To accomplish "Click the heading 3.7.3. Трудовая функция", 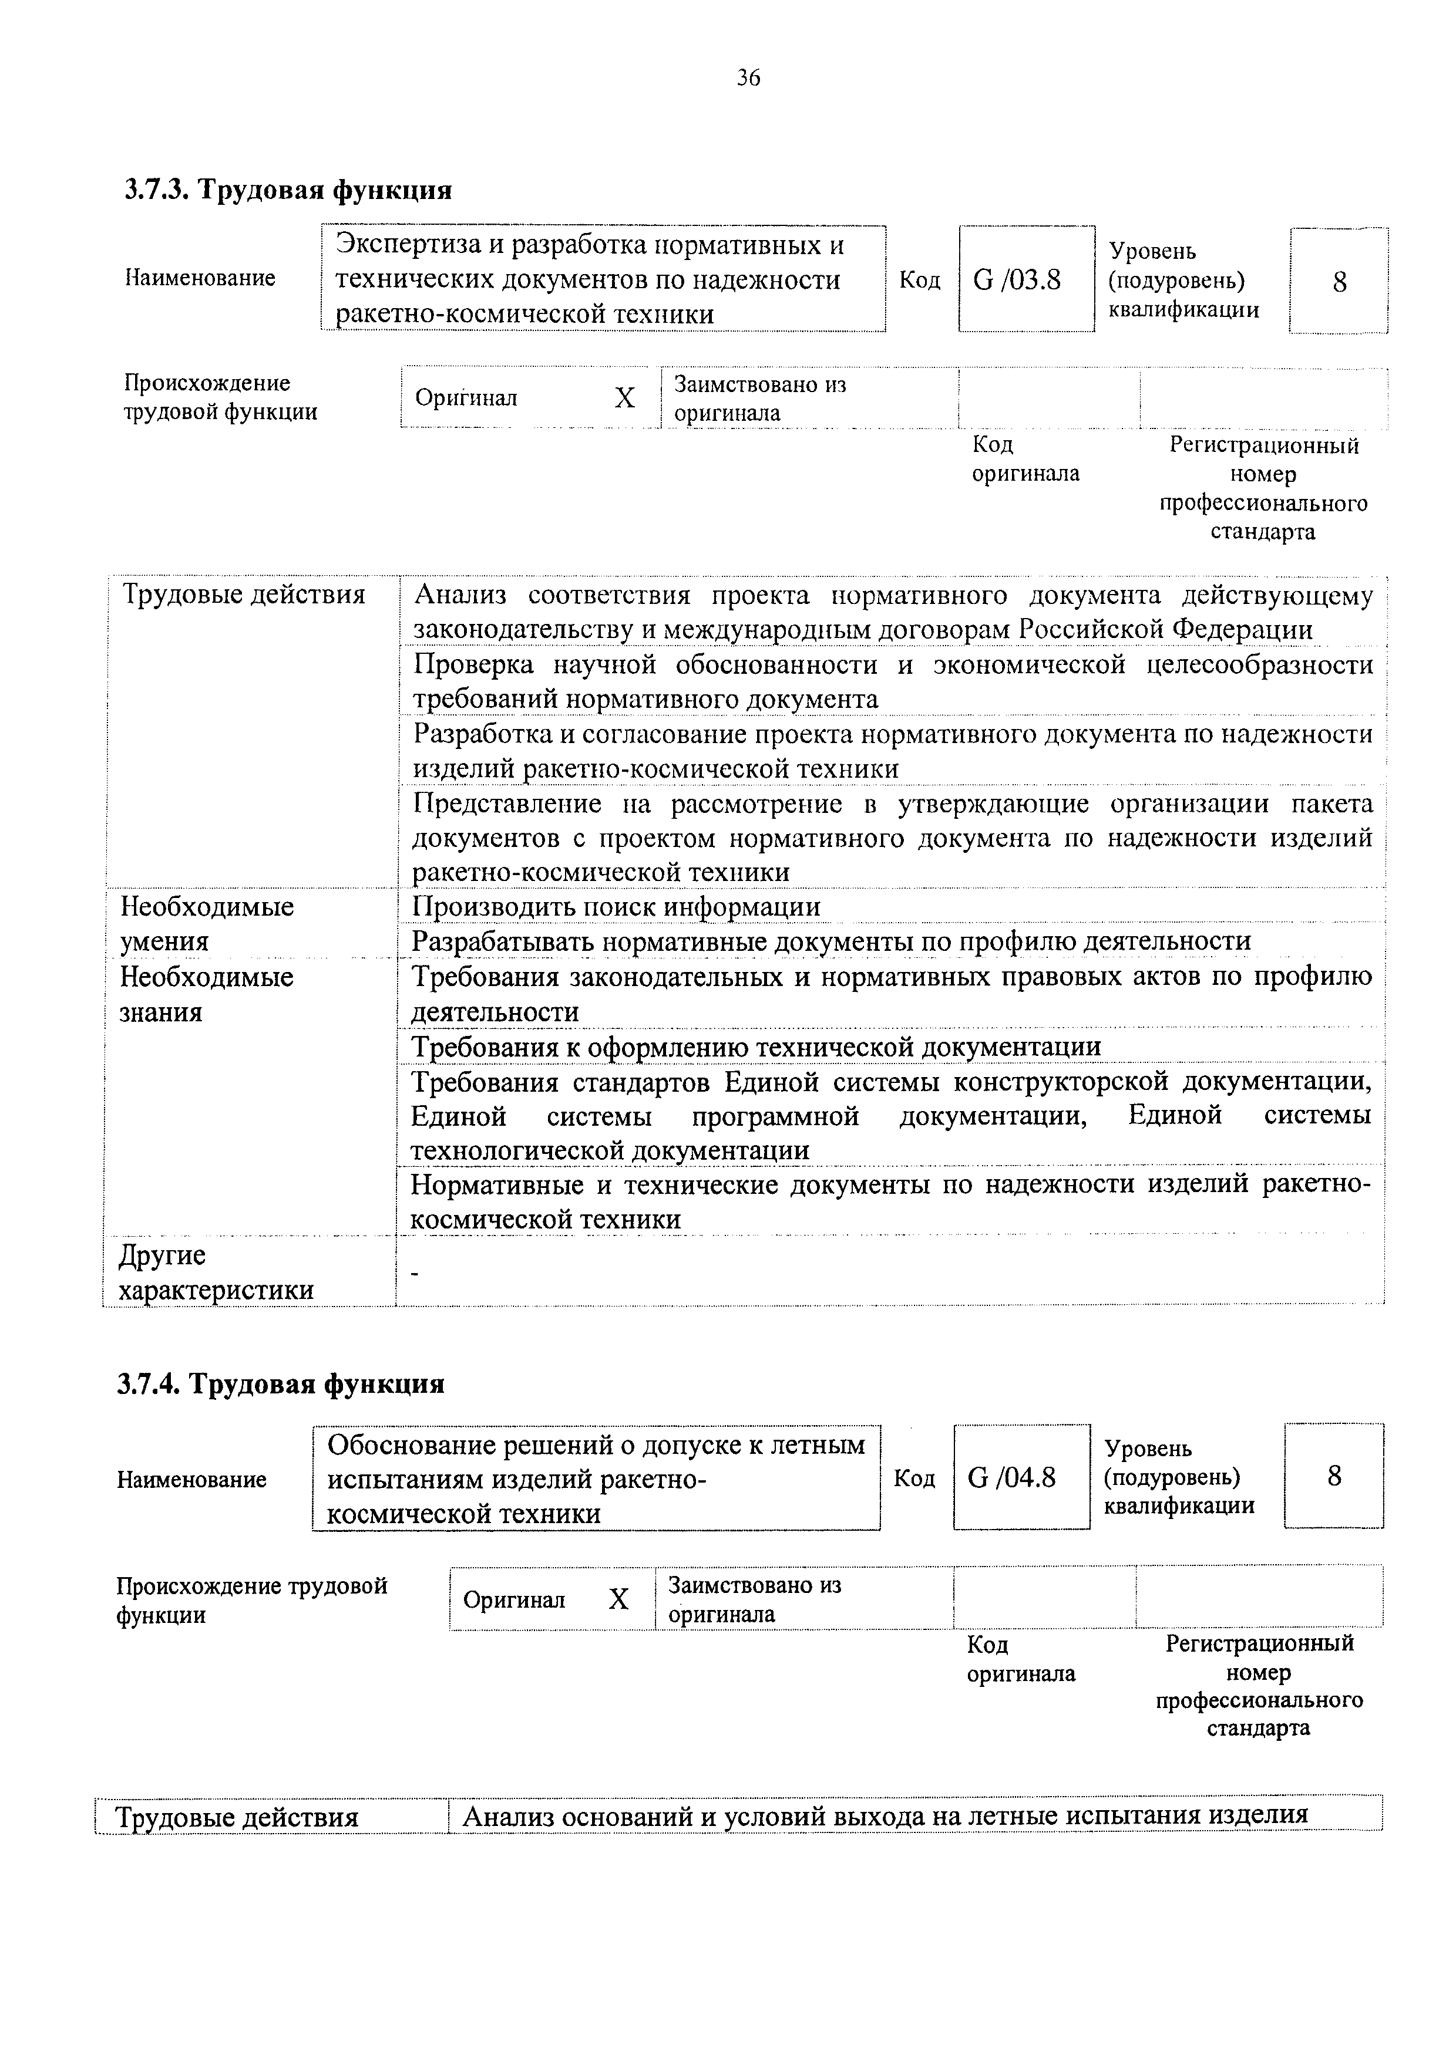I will (x=288, y=190).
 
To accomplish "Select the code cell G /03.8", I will (x=1017, y=281).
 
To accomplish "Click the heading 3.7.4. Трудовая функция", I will (x=281, y=1384).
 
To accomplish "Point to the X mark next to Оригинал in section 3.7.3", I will (x=624, y=397).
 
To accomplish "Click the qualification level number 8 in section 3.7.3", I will (x=1339, y=282).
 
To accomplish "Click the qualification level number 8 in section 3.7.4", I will (x=1334, y=1476).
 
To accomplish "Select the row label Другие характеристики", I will (x=216, y=1272).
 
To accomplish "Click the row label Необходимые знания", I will (x=206, y=994).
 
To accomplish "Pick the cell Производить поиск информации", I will (x=616, y=907).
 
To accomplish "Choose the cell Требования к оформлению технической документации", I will (x=756, y=1047).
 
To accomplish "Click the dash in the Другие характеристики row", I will (x=413, y=1272).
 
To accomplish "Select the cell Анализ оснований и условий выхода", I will (x=885, y=1816).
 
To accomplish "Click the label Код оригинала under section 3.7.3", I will (x=1025, y=458).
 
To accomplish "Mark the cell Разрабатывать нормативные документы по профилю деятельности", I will (x=830, y=941).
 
